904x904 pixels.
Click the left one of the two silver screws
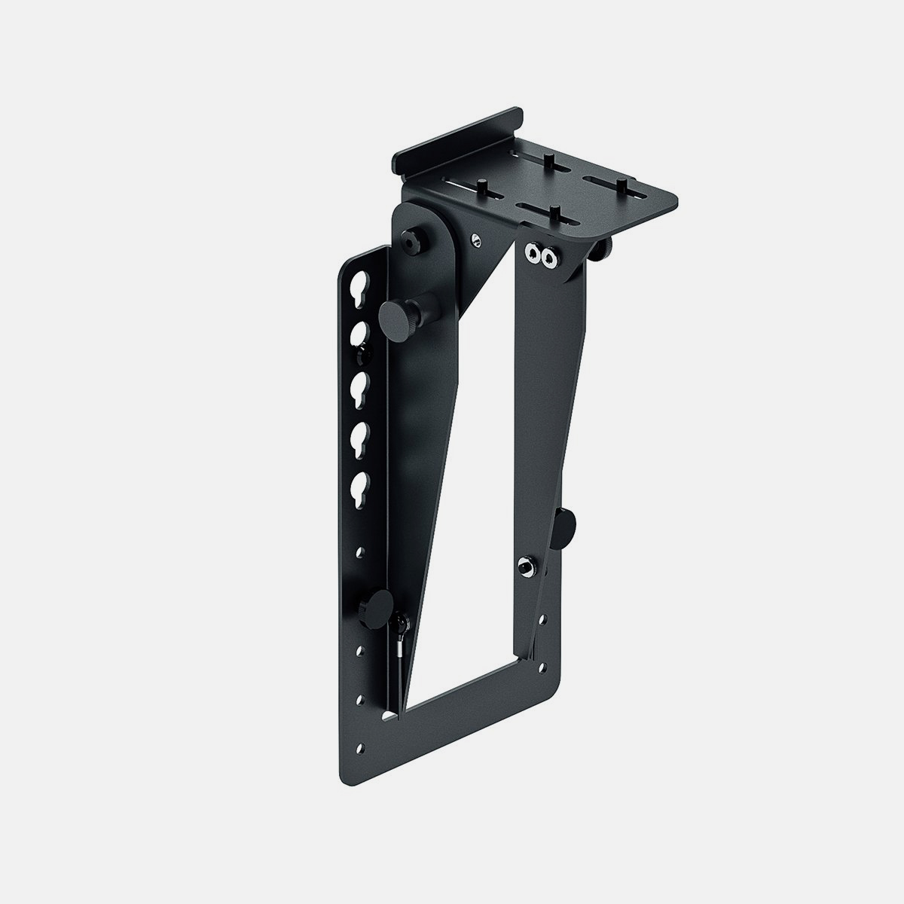pos(535,254)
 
